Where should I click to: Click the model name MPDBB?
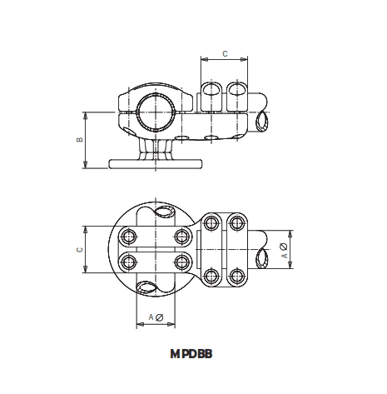pyautogui.click(x=191, y=353)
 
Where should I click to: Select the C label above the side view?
pyautogui.click(x=225, y=54)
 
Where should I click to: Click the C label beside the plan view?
pyautogui.click(x=78, y=248)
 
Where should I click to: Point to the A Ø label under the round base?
pyautogui.click(x=155, y=317)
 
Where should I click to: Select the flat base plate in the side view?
pyautogui.click(x=155, y=162)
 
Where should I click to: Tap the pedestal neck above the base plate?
pyautogui.click(x=155, y=147)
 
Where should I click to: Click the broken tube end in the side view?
pyautogui.click(x=264, y=122)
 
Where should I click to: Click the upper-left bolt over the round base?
pyautogui.click(x=128, y=235)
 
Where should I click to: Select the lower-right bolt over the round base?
pyautogui.click(x=181, y=263)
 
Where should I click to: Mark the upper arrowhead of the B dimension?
pyautogui.click(x=87, y=113)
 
